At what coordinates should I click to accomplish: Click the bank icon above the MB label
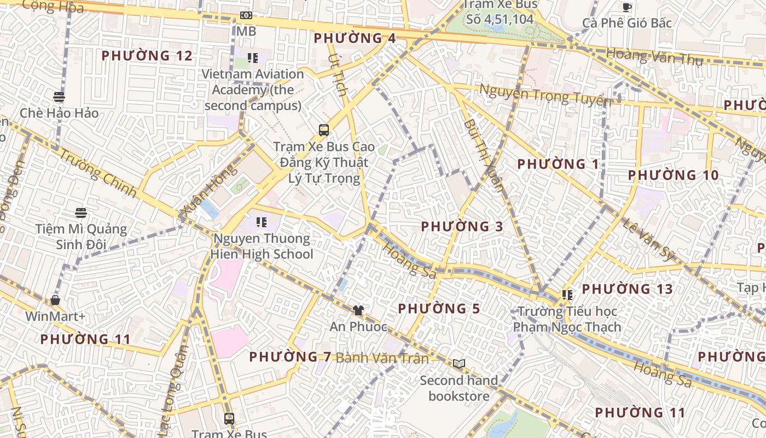tap(246, 15)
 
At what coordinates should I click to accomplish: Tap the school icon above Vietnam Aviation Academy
tap(252, 57)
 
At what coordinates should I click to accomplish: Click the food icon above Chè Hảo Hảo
tap(59, 97)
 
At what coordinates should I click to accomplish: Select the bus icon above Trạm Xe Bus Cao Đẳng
tap(324, 130)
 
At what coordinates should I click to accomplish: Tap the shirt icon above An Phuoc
tap(358, 310)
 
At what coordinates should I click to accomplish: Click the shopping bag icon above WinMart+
tap(55, 300)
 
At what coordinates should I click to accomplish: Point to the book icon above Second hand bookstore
tap(459, 364)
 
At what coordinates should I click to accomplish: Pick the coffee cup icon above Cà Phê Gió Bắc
tap(627, 7)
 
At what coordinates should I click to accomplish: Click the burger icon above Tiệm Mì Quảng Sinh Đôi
tap(81, 212)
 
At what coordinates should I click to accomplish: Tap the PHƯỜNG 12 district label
tap(147, 56)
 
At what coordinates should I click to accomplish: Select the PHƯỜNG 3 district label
tap(462, 226)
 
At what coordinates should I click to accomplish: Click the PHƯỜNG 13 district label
tap(627, 289)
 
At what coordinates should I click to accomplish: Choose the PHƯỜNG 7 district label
tap(290, 357)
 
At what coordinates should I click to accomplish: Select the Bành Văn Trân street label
tap(382, 358)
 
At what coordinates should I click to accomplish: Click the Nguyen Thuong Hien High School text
tap(262, 246)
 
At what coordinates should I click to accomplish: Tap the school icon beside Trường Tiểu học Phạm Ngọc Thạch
tap(567, 295)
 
